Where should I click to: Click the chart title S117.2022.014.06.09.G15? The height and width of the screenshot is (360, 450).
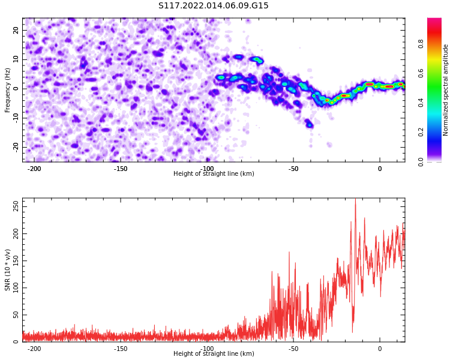click(x=213, y=5)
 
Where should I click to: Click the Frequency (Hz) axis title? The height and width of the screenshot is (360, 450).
click(x=7, y=90)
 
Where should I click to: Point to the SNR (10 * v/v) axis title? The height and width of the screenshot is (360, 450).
click(x=7, y=270)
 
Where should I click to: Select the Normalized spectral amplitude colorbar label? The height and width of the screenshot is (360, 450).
click(x=445, y=90)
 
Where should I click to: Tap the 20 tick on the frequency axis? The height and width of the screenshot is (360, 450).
click(x=16, y=30)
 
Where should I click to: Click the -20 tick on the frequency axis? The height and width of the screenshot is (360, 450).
click(x=16, y=147)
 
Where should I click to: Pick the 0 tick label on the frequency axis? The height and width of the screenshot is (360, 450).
click(x=16, y=89)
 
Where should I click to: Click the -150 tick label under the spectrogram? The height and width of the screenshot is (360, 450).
click(x=120, y=169)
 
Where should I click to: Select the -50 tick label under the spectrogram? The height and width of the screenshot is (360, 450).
click(x=293, y=169)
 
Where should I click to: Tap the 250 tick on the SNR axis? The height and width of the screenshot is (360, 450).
click(x=16, y=206)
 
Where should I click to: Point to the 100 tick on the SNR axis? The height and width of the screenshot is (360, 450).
click(x=16, y=287)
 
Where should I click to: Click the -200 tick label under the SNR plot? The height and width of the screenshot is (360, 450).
click(x=34, y=349)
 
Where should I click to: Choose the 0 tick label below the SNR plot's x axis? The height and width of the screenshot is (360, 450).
click(x=380, y=349)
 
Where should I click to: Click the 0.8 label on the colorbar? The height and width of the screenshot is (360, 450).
click(x=421, y=45)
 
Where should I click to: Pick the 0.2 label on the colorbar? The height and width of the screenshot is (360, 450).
click(x=421, y=133)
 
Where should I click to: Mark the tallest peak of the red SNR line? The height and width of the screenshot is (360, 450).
click(x=356, y=199)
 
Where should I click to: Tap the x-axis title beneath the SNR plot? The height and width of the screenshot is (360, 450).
click(x=214, y=353)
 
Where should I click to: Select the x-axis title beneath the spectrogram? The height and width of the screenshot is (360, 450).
click(x=214, y=173)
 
